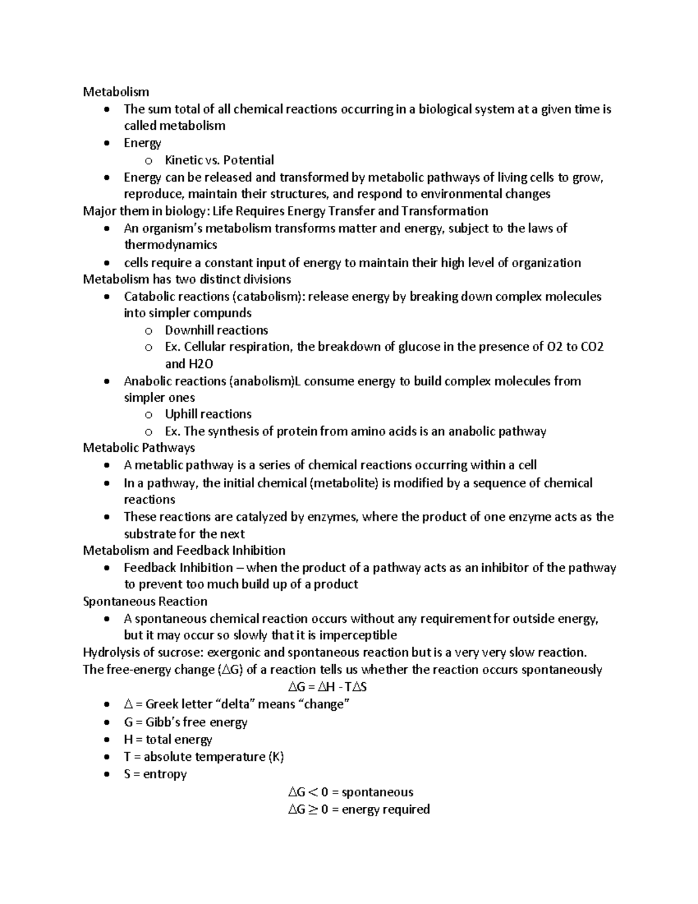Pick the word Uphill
coord(181,414)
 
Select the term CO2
coord(592,347)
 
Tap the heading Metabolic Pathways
coord(138,448)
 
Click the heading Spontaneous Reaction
coord(145,601)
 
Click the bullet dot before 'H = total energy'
coord(105,740)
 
